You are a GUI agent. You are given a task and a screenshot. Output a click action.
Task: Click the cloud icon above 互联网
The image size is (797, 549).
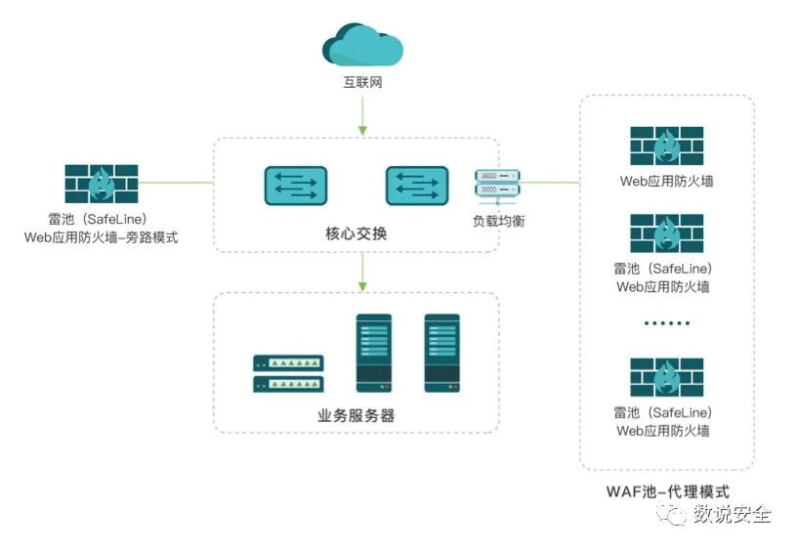tap(362, 45)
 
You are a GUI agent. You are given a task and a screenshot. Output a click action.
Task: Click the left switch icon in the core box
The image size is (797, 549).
tap(295, 186)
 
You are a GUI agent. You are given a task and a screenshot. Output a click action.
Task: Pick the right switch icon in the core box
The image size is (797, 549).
tap(416, 186)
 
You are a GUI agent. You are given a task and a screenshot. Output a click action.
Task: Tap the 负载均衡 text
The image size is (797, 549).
tap(497, 221)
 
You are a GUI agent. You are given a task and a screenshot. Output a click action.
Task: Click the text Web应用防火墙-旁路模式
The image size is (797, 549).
tap(102, 237)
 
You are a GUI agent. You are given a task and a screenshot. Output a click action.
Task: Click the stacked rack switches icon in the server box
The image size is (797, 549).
tap(288, 373)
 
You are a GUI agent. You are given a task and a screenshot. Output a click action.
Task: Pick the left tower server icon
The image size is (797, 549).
tap(373, 353)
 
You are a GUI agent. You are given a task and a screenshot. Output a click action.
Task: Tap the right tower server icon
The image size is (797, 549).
tap(441, 353)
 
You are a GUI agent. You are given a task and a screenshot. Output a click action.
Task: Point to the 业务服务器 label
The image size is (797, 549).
tap(356, 415)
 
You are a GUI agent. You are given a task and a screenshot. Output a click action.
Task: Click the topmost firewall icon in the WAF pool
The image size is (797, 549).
tap(666, 146)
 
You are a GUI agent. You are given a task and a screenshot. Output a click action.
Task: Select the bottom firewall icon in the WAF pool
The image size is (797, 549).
tap(666, 377)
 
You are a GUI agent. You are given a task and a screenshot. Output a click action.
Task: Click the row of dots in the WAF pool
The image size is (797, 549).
tap(666, 322)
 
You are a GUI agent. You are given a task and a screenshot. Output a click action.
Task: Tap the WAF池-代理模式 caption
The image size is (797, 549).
tap(666, 491)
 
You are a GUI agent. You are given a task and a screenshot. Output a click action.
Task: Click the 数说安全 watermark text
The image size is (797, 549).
tap(732, 514)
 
